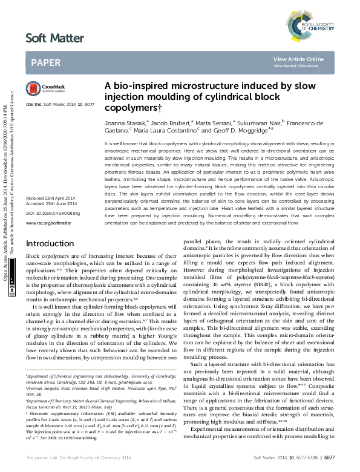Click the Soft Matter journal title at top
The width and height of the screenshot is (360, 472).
(x=54, y=39)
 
